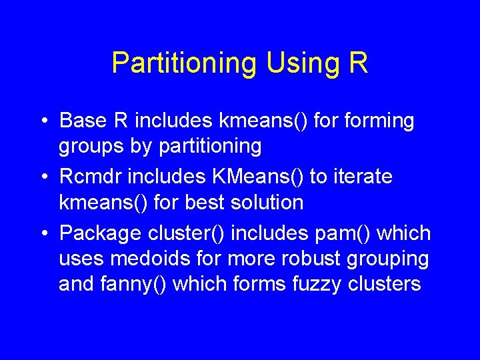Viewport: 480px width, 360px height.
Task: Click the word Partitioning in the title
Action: point(183,63)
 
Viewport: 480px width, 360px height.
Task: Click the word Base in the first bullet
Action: point(83,121)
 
